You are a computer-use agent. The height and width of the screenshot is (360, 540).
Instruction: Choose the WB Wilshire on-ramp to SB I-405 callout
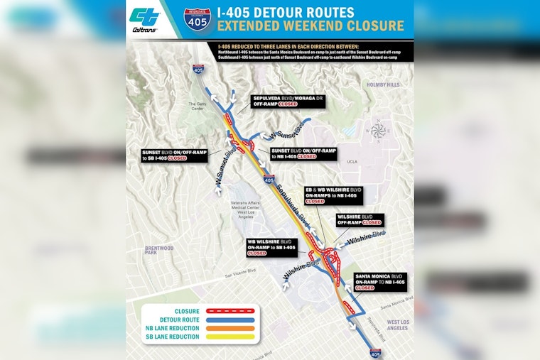point(271,246)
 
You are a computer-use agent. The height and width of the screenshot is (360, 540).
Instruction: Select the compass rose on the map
point(379,130)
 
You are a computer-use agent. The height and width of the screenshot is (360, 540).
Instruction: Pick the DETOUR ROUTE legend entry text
point(177,320)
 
